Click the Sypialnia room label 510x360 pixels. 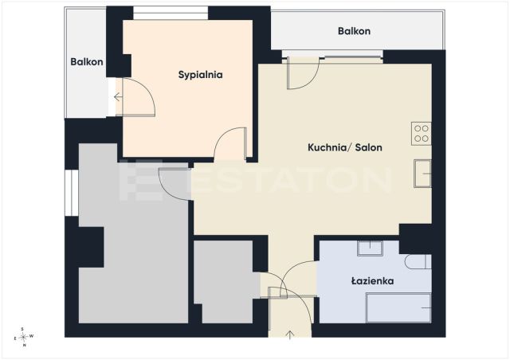tap(200, 75)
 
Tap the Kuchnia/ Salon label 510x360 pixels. tap(345, 147)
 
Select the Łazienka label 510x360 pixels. tap(372, 280)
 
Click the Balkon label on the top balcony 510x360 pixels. tap(354, 31)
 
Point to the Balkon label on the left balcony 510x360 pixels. tap(87, 62)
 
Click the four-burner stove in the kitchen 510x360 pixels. tap(422, 134)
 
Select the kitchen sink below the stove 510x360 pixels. tap(422, 174)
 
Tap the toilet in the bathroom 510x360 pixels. tap(418, 261)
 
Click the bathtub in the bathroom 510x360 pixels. tap(398, 307)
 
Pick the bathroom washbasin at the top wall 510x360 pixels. tap(370, 248)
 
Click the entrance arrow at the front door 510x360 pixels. tap(290, 335)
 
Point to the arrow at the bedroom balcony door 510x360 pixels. tap(118, 97)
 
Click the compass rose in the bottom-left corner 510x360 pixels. tap(23, 337)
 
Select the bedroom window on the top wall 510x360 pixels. tap(171, 14)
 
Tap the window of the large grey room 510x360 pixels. tap(72, 193)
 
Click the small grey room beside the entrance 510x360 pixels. tap(223, 281)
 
